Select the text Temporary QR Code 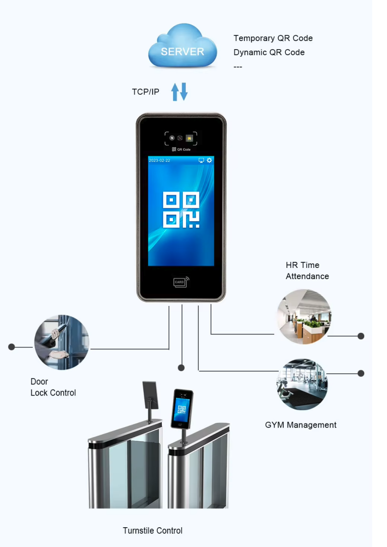tap(273, 38)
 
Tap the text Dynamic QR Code tap(269, 52)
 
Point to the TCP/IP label tap(145, 92)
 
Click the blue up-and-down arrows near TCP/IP tap(179, 92)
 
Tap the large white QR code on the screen tap(181, 209)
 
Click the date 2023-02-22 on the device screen tap(160, 161)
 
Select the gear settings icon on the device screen tap(209, 161)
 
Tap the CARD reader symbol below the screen tap(181, 282)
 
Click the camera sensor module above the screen tap(181, 138)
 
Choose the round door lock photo tap(61, 342)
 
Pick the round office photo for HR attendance tap(304, 317)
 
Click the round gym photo tap(302, 384)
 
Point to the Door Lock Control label tap(53, 387)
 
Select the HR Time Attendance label tap(307, 270)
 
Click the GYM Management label tap(300, 425)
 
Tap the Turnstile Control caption tap(152, 530)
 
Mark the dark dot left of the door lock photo tap(12, 347)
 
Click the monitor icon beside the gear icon tap(201, 161)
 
